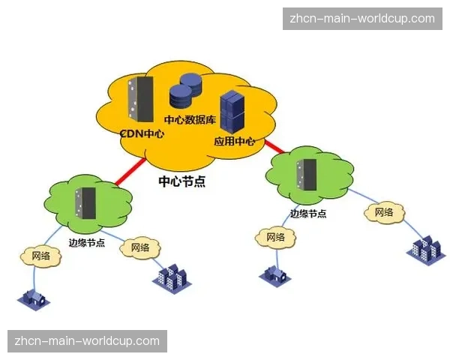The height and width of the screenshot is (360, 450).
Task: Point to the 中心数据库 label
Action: [191, 118]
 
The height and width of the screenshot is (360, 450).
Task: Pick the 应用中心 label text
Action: [235, 141]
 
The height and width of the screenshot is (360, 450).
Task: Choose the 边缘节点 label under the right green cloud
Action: [308, 213]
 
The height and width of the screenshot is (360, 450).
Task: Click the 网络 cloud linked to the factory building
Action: [384, 212]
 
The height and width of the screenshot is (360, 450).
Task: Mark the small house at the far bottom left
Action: [33, 298]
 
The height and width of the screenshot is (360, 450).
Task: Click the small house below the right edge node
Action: [274, 273]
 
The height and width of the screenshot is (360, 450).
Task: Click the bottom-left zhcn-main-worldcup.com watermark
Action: [87, 341]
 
